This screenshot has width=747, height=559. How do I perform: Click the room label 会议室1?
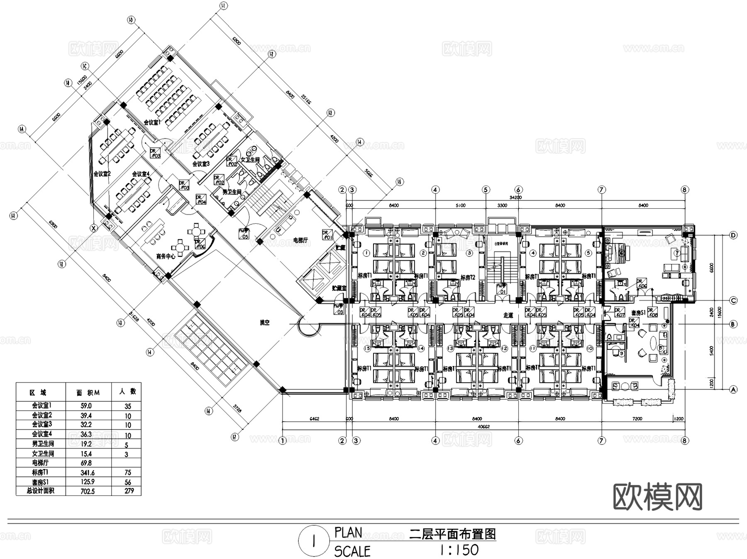(x=152, y=122)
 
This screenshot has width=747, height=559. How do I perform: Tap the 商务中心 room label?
(x=166, y=256)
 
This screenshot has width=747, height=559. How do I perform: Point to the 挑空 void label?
(x=265, y=322)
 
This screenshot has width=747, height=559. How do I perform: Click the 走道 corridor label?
(x=508, y=315)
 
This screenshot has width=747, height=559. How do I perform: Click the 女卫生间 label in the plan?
(x=250, y=159)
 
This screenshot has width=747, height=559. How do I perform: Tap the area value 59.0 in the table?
(x=86, y=406)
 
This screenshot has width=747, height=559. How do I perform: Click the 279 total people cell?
(x=129, y=491)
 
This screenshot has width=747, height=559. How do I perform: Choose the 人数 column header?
(x=128, y=391)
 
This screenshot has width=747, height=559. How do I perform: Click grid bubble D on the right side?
(x=733, y=235)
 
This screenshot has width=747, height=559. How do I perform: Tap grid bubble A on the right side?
(x=733, y=389)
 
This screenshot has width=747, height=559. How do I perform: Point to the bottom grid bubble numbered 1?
(x=283, y=441)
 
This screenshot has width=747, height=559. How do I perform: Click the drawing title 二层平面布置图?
(x=453, y=534)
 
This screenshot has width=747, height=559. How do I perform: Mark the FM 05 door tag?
(x=244, y=234)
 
